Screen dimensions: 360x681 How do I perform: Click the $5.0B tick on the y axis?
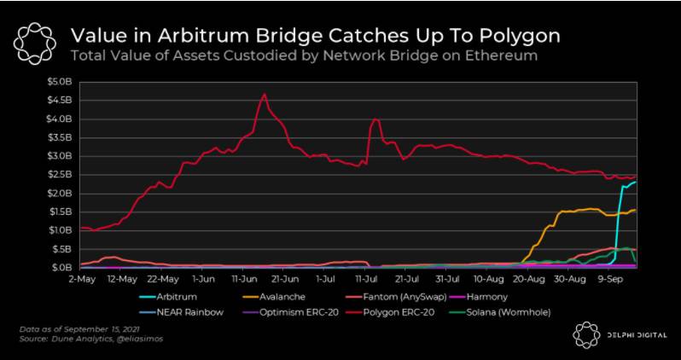(x=61, y=82)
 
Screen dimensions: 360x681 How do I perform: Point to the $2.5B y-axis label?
(x=61, y=174)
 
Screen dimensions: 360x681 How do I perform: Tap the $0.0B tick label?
(x=61, y=267)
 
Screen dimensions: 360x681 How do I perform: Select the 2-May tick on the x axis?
(x=79, y=279)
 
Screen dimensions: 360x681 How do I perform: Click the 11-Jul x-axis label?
(x=366, y=279)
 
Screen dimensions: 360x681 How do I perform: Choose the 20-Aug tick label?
(x=529, y=279)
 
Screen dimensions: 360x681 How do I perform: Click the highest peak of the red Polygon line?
(x=265, y=94)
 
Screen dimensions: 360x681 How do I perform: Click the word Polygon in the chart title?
(x=521, y=36)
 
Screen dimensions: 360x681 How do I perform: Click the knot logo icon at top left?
(x=35, y=44)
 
